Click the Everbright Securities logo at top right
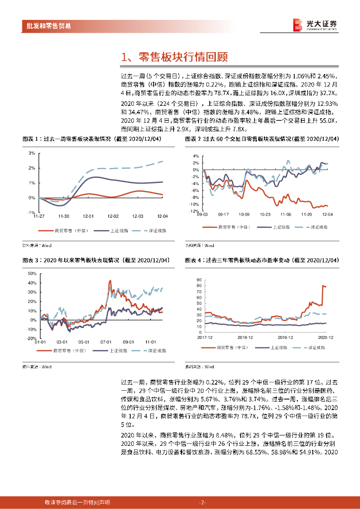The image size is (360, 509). click(x=315, y=25)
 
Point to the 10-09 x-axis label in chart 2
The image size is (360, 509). click(x=244, y=215)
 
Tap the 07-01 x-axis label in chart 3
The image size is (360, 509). click(x=105, y=342)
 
